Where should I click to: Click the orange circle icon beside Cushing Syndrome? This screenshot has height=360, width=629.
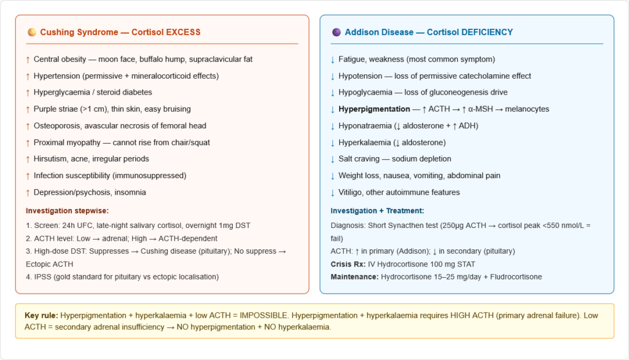(32, 32)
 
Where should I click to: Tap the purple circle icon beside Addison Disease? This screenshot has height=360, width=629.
(336, 32)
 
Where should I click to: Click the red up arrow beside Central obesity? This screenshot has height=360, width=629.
(27, 60)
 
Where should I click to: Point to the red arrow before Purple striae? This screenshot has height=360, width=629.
(27, 109)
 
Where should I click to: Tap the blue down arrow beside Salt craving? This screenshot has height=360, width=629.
(332, 159)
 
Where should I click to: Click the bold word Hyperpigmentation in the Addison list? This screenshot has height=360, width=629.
(374, 109)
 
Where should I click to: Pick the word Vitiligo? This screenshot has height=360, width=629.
(353, 192)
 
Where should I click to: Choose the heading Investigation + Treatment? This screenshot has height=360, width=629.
(377, 211)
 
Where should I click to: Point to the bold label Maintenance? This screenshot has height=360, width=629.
(354, 277)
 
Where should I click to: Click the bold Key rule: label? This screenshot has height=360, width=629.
(41, 316)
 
